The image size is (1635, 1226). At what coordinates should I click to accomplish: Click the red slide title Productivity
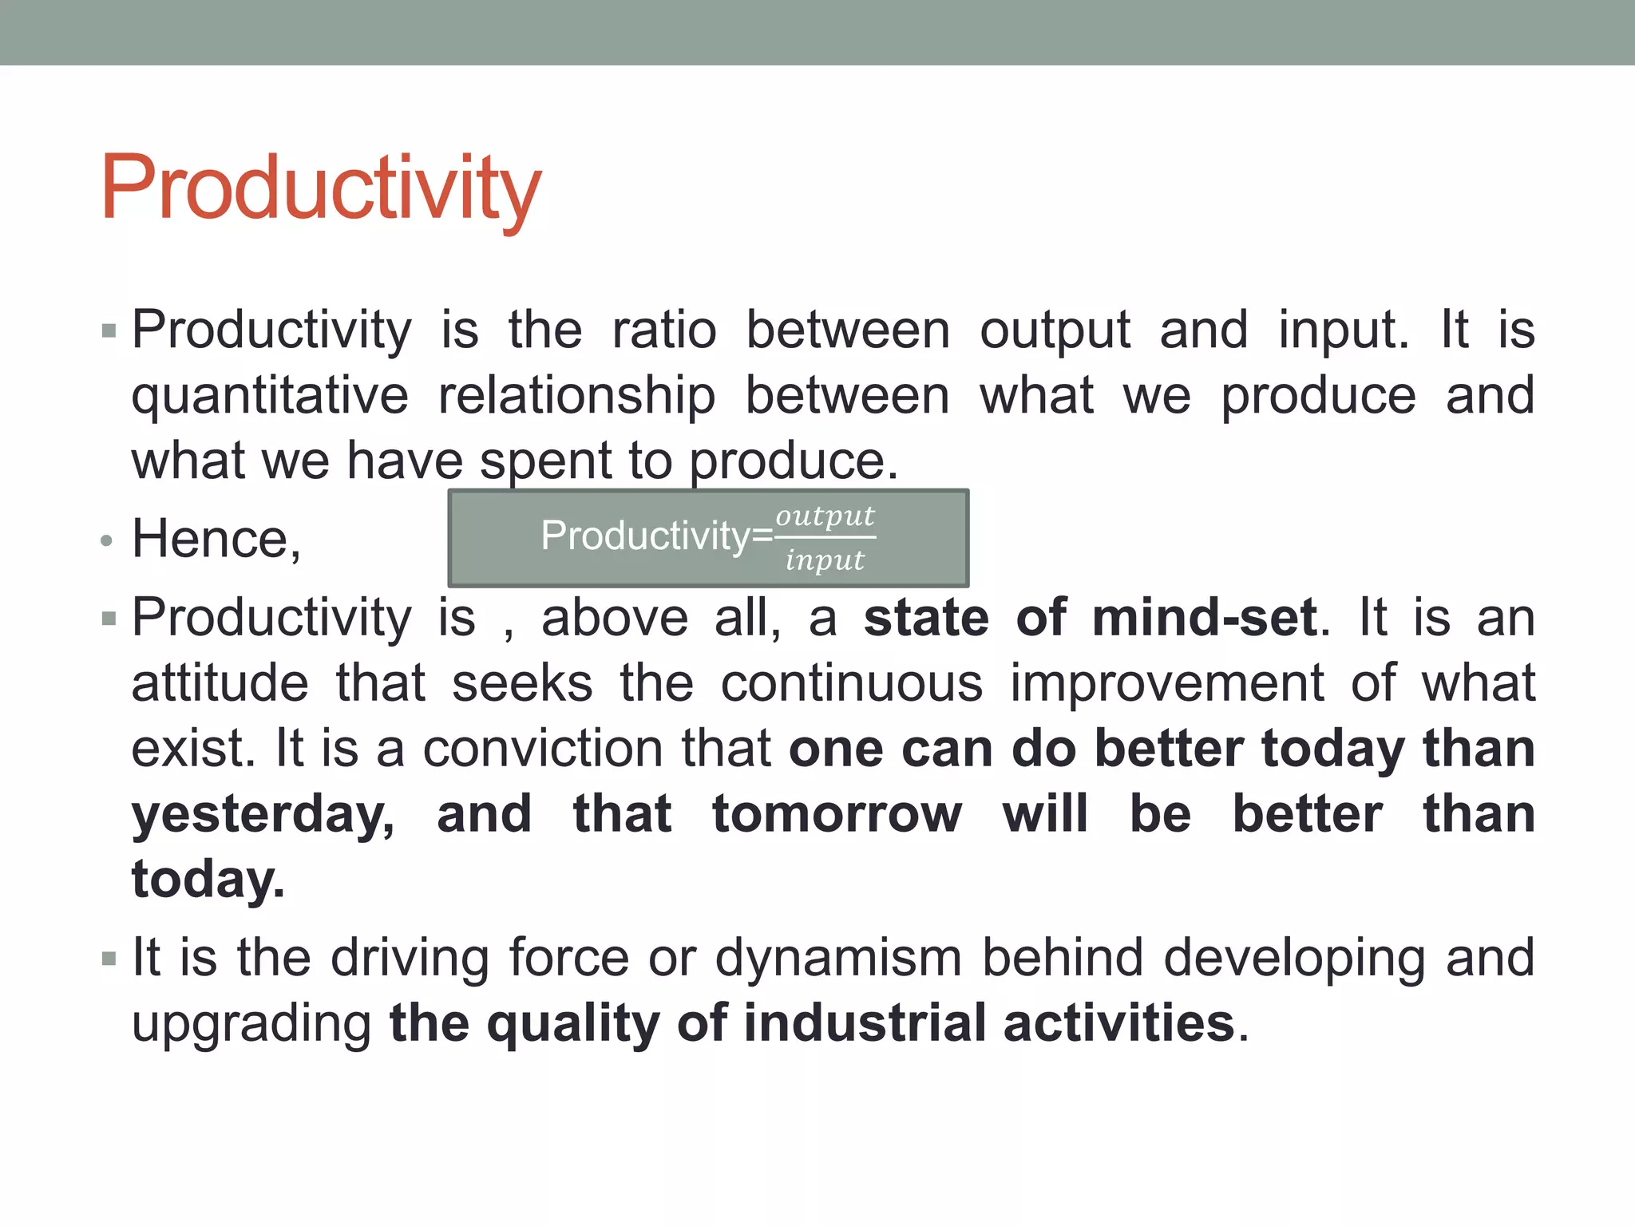321,188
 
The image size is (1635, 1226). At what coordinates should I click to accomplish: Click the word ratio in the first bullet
664,330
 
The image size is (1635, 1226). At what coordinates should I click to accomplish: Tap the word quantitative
270,397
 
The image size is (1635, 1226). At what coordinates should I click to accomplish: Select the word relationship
576,397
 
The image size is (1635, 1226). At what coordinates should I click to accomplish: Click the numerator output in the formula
825,516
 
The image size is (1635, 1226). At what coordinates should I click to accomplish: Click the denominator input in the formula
825,560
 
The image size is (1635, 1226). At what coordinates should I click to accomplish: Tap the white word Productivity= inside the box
656,536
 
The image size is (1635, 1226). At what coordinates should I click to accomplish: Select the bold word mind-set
1205,618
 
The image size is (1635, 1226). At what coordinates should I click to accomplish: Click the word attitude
220,683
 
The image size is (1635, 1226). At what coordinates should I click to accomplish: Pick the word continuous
851,683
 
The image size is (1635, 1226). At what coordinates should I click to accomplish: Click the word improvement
1166,683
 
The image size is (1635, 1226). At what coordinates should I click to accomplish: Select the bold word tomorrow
837,814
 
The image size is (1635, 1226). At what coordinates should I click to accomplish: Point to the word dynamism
838,958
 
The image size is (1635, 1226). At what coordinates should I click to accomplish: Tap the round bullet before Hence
107,542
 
